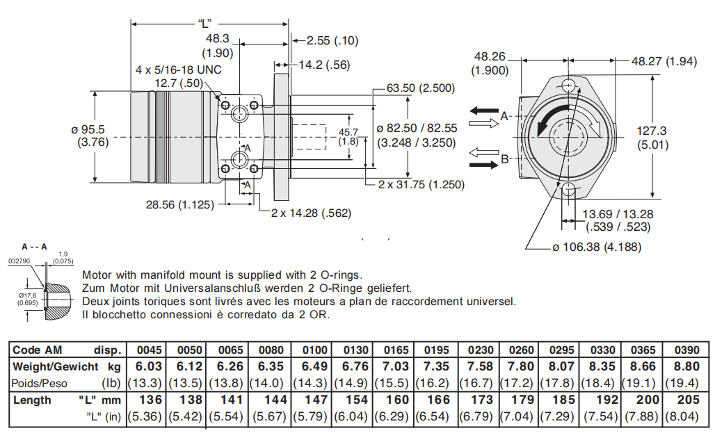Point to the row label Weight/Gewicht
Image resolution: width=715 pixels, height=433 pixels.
[56, 366]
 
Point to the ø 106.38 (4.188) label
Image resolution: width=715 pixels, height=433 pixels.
[597, 247]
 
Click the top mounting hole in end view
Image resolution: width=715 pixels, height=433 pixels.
[570, 86]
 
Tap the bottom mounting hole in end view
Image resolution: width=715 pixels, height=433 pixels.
[570, 190]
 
